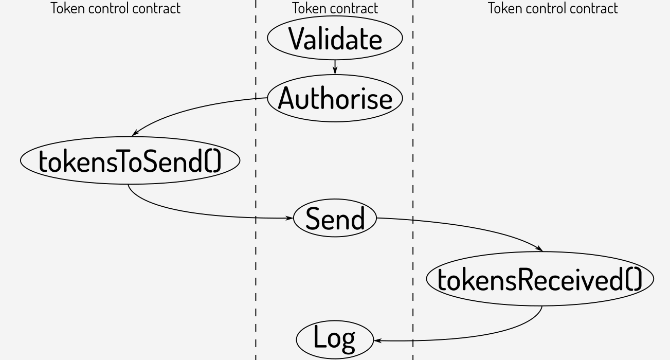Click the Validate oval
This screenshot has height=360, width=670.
[x=335, y=38]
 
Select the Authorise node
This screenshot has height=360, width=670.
[x=335, y=98]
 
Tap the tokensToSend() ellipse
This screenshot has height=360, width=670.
[x=130, y=161]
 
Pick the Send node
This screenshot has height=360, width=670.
[x=335, y=218]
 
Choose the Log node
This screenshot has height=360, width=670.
[x=335, y=339]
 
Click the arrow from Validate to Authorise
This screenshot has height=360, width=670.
[x=335, y=66]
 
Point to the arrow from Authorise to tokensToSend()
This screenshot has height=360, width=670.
[x=190, y=109]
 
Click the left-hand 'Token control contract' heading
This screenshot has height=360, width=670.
[x=116, y=8]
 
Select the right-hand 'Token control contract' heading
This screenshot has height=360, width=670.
[x=553, y=8]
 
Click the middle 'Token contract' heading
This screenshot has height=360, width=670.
[x=335, y=8]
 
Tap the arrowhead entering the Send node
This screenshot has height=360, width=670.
[x=289, y=218]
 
